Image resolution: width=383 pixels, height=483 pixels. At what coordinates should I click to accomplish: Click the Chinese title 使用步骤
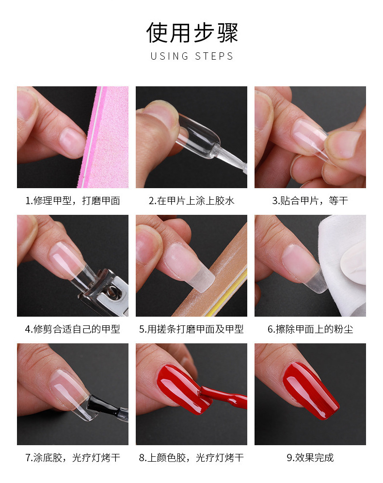[192, 32]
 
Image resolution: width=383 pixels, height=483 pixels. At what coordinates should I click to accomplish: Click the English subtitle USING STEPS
[192, 56]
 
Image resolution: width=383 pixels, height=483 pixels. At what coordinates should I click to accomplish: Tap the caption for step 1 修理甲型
[73, 201]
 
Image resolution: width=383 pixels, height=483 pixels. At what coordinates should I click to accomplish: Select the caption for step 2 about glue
[191, 201]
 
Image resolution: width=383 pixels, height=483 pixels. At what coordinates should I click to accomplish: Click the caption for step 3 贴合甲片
[310, 201]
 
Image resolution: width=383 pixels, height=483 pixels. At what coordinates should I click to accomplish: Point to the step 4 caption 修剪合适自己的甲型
[73, 329]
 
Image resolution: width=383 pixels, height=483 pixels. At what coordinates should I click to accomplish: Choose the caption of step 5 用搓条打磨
[191, 329]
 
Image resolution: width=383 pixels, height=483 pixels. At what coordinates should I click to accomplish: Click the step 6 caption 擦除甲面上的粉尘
[310, 329]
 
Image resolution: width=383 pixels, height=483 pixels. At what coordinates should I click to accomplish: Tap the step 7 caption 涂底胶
[73, 457]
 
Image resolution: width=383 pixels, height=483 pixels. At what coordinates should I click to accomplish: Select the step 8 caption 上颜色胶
[191, 457]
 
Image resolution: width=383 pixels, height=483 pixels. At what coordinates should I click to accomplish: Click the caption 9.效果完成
[310, 457]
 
